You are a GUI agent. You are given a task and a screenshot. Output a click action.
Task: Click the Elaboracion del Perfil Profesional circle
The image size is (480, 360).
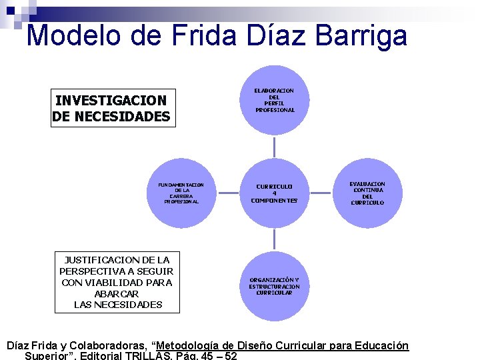point(274,100)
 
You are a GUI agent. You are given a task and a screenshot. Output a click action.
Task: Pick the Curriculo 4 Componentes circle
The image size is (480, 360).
point(274,193)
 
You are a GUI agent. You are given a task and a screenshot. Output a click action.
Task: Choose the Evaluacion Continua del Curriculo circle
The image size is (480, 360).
point(367,193)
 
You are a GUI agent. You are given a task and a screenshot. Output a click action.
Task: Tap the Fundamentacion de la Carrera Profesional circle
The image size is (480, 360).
point(181,193)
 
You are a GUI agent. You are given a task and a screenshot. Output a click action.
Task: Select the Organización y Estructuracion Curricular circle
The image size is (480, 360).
point(274,287)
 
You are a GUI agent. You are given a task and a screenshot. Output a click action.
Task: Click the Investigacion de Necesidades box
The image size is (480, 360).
point(111,109)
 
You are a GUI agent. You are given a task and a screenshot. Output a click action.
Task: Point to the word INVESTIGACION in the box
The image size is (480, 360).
point(111,101)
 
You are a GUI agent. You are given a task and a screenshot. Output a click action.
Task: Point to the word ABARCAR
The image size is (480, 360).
point(117,294)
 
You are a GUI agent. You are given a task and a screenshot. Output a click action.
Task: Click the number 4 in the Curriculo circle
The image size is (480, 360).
point(274,193)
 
